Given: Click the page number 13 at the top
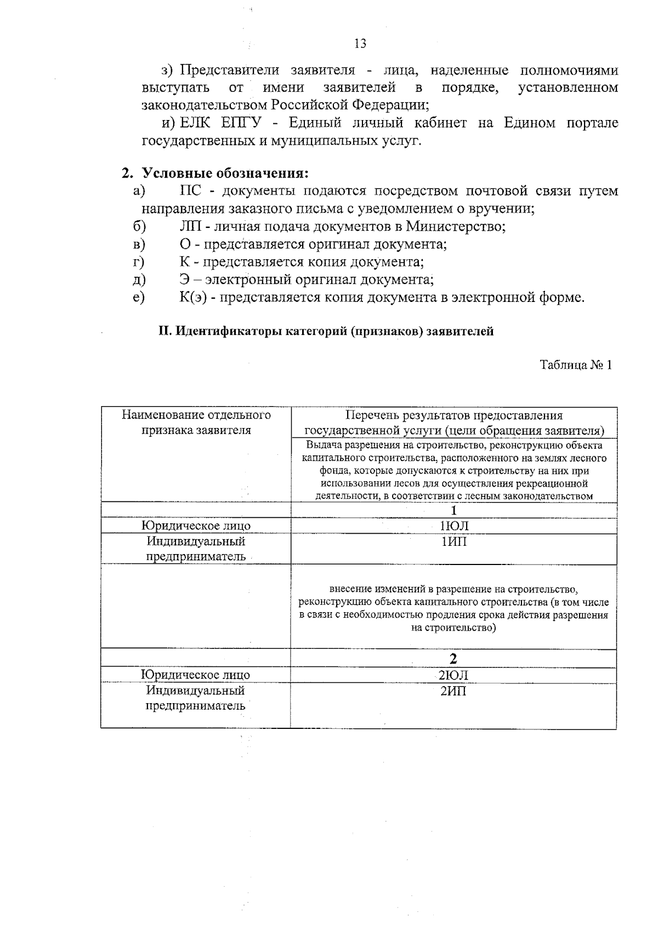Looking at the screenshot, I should [360, 44].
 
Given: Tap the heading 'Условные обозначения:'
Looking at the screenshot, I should [225, 174].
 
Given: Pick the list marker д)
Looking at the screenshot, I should [139, 279].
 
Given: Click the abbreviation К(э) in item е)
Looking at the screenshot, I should [192, 298].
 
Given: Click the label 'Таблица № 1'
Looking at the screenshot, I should [575, 366].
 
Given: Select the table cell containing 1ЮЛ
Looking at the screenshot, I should [454, 526].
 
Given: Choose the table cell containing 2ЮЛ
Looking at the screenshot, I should [453, 675].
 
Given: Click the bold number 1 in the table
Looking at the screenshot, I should [453, 511].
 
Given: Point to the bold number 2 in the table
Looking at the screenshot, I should [453, 659].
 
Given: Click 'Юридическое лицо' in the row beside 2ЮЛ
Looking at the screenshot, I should [196, 675].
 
